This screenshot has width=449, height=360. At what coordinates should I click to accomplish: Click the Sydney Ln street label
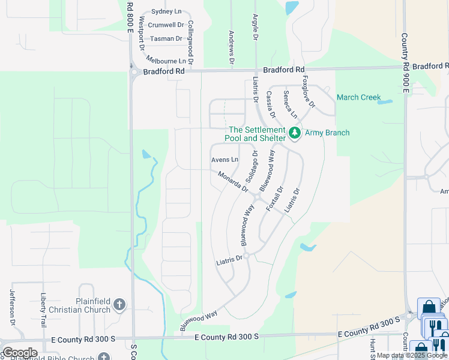(x=166, y=11)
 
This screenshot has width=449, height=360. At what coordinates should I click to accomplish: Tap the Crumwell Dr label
(x=166, y=25)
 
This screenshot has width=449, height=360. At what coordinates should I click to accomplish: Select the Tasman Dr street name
(x=166, y=38)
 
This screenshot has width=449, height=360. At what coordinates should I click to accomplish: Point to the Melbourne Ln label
(x=166, y=61)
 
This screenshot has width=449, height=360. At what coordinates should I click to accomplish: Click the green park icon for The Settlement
(x=294, y=133)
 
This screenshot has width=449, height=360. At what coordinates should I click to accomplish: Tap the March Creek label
(x=358, y=97)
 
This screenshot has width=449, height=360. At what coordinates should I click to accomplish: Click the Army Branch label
(x=327, y=133)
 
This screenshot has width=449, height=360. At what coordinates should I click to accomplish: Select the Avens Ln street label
(x=225, y=160)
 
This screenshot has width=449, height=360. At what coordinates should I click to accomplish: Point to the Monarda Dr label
(x=234, y=182)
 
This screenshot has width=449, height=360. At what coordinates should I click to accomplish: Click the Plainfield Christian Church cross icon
(x=119, y=305)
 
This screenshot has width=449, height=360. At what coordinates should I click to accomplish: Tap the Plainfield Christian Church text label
(x=85, y=305)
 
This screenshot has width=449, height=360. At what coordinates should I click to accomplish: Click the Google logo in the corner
(x=20, y=353)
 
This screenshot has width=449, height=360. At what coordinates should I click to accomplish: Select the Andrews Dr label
(x=231, y=47)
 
